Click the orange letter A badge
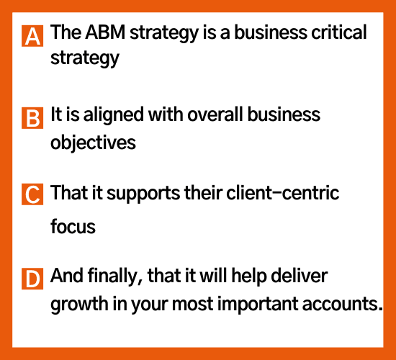pos(32,36)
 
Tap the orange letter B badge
pos(32,118)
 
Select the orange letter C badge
pos(32,194)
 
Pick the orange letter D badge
pos(32,279)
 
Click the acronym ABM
pos(105,32)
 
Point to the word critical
pos(339,32)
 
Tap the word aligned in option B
pos(113,115)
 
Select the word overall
pos(215,114)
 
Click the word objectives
pos(93,143)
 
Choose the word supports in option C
pos(143,194)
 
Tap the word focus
pos(73,226)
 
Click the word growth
pos(79,304)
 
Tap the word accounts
pos(343,304)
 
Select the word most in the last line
pos(192,305)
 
